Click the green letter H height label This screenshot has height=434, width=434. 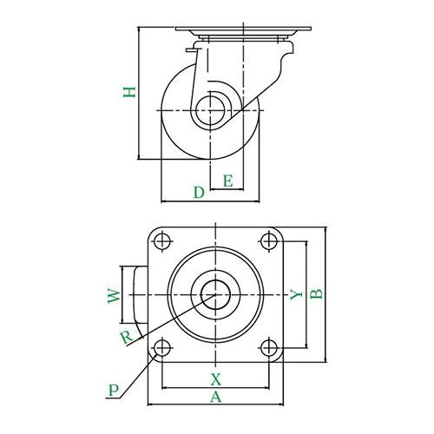pyautogui.click(x=129, y=92)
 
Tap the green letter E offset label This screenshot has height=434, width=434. pyautogui.click(x=228, y=181)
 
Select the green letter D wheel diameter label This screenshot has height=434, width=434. pyautogui.click(x=199, y=193)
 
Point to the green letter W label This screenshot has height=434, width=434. pyautogui.click(x=114, y=296)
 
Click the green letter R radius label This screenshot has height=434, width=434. pyautogui.click(x=127, y=338)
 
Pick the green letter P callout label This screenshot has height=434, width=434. pyautogui.click(x=114, y=390)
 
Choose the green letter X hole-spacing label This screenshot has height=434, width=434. pyautogui.click(x=216, y=379)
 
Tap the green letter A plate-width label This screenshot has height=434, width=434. pyautogui.click(x=216, y=397)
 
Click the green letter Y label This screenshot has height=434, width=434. pyautogui.click(x=296, y=295)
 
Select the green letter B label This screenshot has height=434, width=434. pyautogui.click(x=316, y=294)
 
